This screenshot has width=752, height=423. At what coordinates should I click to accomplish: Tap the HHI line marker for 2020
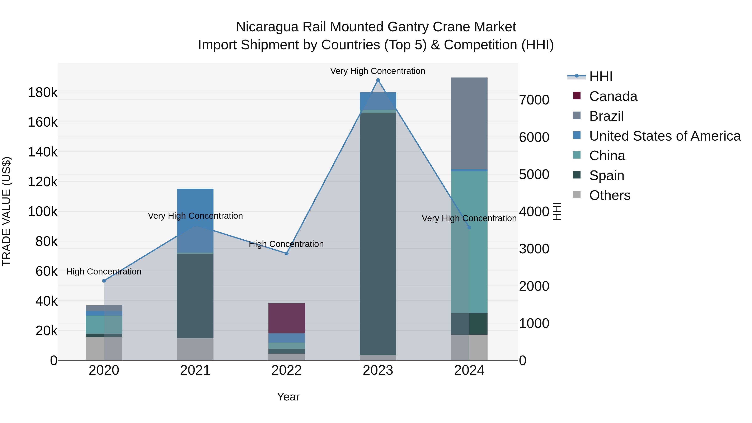104,281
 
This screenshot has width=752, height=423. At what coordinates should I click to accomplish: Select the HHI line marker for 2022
287,253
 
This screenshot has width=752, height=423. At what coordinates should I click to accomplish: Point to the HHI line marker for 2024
469,227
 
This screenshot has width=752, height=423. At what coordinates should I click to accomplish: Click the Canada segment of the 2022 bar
287,318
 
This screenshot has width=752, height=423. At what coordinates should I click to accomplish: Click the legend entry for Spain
606,175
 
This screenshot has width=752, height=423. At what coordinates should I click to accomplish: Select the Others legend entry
610,195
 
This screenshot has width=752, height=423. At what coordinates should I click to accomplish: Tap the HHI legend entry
601,76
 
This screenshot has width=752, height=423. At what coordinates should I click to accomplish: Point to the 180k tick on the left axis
43,93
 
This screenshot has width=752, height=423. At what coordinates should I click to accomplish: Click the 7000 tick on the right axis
534,100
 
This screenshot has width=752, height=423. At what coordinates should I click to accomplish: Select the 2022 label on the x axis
287,370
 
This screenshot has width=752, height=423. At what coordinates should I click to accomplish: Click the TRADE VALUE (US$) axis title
6,211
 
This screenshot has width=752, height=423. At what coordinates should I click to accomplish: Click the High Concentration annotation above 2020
104,272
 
